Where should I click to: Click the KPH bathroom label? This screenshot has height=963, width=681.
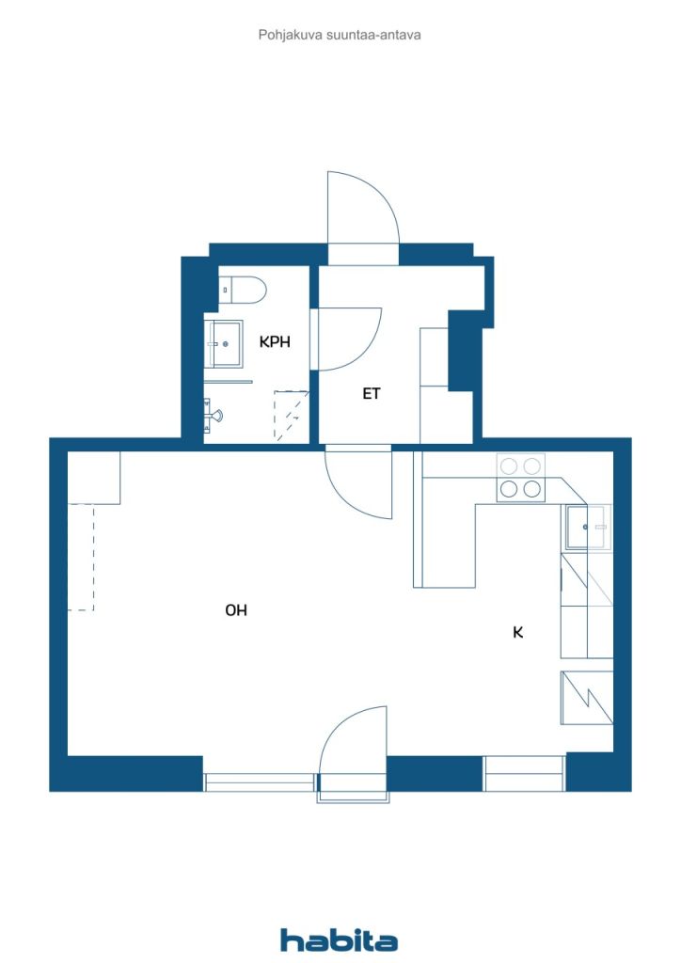tap(275, 341)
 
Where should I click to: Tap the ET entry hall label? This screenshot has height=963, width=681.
tap(372, 394)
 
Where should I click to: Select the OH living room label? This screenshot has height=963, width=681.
tap(236, 609)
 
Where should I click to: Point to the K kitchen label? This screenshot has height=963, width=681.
tap(517, 632)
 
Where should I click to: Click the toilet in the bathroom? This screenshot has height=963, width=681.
tap(242, 289)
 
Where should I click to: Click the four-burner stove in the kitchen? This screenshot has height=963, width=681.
tap(521, 477)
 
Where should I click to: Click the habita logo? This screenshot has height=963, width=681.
tap(339, 940)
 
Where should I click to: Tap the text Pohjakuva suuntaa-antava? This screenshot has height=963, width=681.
tap(340, 35)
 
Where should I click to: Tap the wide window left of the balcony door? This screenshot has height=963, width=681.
tap(259, 782)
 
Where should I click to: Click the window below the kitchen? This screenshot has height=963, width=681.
tap(523, 774)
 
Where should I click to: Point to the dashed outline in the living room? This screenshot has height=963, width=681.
tap(93, 557)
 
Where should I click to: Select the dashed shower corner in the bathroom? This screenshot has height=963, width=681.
tap(291, 415)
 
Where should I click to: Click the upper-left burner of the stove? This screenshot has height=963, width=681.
tap(509, 466)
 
